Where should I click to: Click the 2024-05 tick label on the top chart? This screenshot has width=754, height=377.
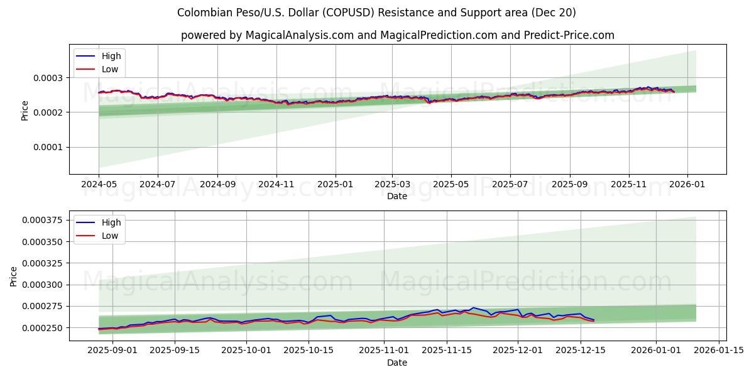click(99, 185)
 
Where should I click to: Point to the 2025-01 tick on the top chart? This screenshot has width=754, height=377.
click(335, 185)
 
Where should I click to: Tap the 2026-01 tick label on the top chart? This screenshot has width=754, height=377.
click(687, 185)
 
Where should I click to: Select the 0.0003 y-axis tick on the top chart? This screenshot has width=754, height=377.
click(46, 78)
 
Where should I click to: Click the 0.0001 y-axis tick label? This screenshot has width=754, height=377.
click(46, 147)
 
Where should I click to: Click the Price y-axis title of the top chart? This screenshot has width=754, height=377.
click(25, 109)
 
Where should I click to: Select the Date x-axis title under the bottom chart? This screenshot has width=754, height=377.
click(397, 363)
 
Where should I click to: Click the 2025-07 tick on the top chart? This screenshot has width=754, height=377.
click(510, 185)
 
